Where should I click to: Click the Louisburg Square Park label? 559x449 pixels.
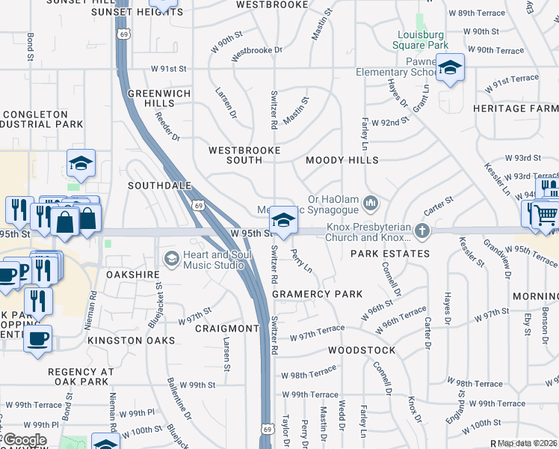coord(421,40)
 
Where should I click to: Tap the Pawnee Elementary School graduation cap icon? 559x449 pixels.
coord(450,68)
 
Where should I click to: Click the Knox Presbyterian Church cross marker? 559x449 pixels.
coord(422,231)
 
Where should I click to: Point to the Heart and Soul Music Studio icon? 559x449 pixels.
coord(171,258)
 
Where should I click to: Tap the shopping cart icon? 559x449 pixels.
coord(546,215)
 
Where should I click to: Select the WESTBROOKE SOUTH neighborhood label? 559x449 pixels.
coord(244,156)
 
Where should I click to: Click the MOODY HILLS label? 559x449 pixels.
coord(342,160)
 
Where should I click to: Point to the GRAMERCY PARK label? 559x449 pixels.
coord(318,294)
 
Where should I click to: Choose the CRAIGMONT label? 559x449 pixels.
coord(226,329)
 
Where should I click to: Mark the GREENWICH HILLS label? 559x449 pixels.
coord(150,98)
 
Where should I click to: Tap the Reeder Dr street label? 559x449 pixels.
coord(167,126)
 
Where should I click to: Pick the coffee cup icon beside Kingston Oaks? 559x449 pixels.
coord(37,338)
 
